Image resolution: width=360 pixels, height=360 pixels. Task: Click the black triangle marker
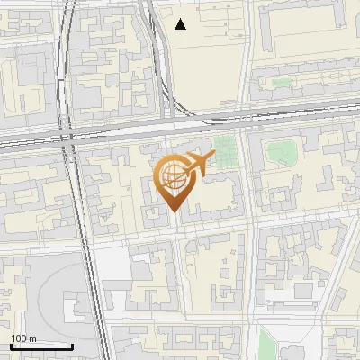pos(181,24)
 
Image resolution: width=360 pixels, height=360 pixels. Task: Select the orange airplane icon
pos(199,164)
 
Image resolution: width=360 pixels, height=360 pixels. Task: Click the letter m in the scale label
pos(32,338)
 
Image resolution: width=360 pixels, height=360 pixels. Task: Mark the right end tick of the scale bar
pos(73,346)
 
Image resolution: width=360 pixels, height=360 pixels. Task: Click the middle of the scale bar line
pos(40,346)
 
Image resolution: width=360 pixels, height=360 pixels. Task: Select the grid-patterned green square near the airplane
pos(227,150)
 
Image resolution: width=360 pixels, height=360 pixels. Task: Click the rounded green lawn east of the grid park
pos(282,152)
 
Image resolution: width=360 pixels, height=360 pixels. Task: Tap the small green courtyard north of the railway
pos(282,82)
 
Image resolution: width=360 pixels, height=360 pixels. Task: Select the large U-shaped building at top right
pos(306,36)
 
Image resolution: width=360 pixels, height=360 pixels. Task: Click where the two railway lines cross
pos(67,137)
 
